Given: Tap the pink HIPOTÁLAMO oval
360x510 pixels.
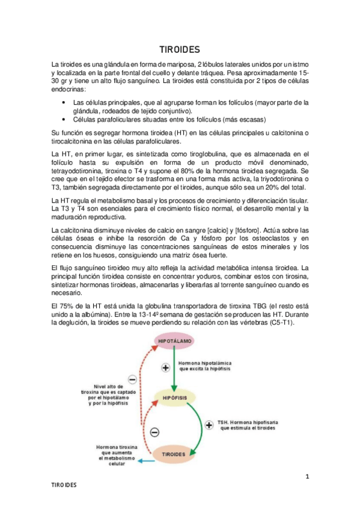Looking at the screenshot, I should coord(175,341).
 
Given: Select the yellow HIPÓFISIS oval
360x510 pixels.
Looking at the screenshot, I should coord(175,398).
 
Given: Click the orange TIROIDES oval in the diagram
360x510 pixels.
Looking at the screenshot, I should coord(174,453).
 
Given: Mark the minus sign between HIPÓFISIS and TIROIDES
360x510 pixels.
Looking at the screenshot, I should coord(154,432).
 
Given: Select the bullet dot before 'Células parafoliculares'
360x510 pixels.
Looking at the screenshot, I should coord(64,119).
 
